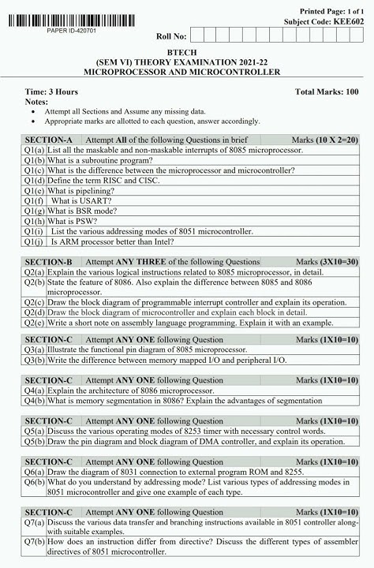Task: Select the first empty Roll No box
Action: point(198,35)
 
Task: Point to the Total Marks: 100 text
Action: point(327,92)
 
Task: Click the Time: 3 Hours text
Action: point(51,92)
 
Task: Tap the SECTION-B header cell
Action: point(48,261)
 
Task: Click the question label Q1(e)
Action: point(34,190)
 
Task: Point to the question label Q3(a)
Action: point(34,349)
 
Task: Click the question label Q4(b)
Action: point(34,400)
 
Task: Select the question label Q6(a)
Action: point(34,472)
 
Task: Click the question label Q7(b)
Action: point(34,542)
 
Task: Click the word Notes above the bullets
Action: point(36,102)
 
